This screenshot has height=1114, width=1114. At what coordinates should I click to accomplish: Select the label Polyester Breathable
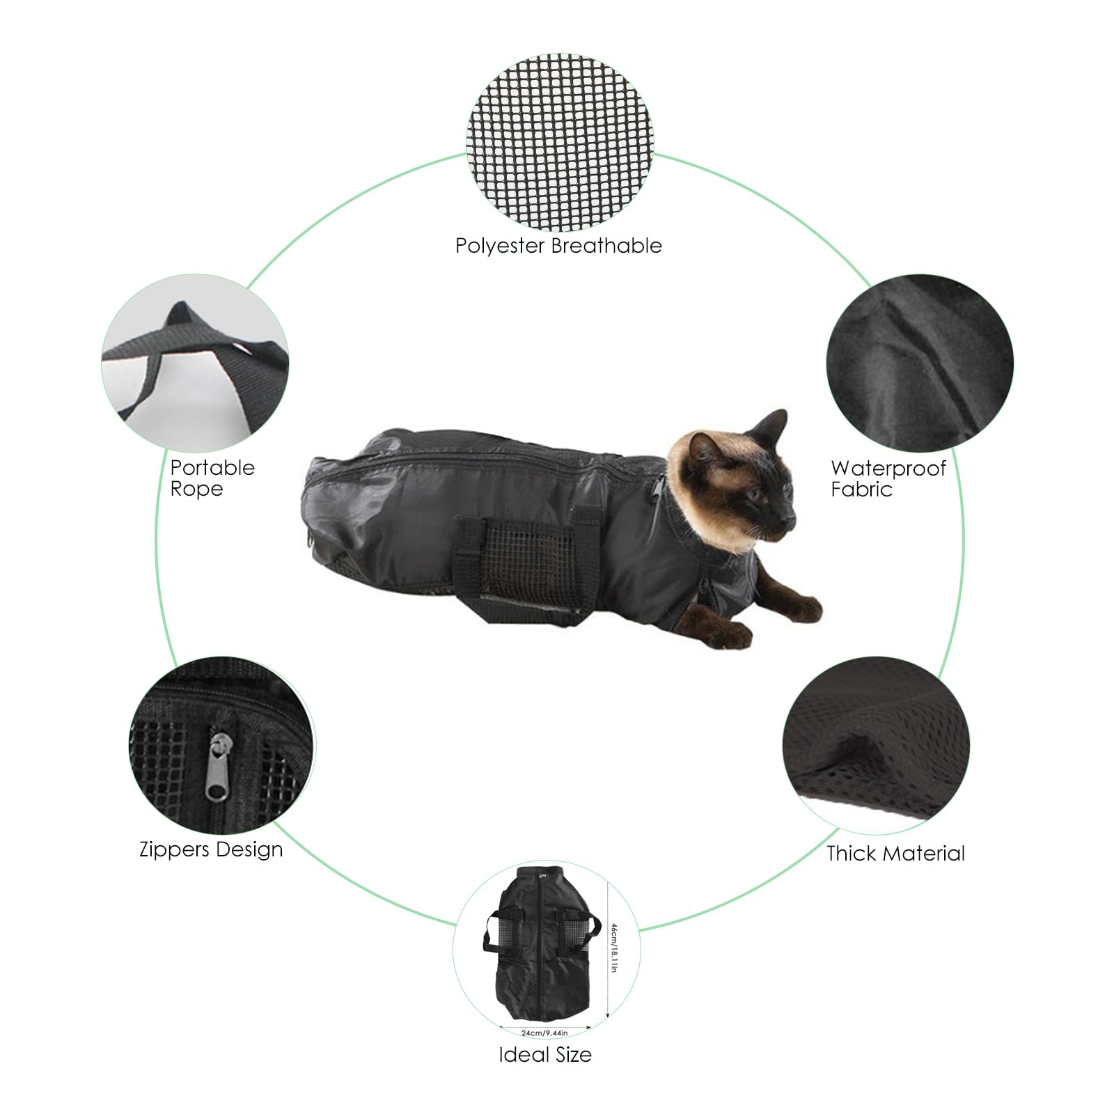point(558,246)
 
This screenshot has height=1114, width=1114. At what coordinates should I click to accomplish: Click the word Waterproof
point(888,468)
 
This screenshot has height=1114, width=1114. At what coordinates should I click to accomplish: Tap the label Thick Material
point(895,853)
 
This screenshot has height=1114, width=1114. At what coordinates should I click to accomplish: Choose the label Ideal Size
point(545,1055)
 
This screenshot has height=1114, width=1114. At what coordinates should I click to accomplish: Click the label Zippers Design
point(211,850)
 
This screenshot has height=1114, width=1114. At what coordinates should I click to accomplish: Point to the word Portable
point(212,468)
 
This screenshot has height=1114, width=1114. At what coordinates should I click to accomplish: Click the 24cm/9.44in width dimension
point(544,1033)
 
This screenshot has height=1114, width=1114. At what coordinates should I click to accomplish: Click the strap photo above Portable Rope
point(195,367)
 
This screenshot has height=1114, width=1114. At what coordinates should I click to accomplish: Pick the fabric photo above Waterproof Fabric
point(920,367)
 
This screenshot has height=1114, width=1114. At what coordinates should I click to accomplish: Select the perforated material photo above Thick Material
point(876,748)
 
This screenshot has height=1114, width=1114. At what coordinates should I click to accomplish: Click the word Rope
point(196,489)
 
